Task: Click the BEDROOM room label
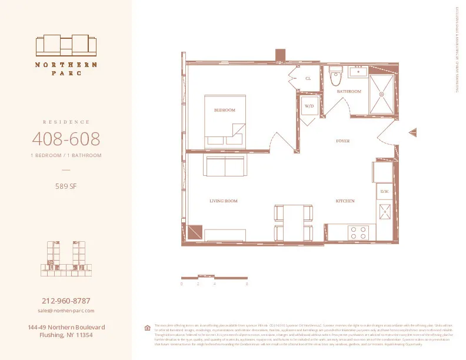224,110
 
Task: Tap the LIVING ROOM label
223,201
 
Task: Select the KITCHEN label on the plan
345,201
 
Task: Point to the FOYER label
344,141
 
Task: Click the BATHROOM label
348,92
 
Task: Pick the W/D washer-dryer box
309,106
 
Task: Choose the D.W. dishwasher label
384,192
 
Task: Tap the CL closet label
308,78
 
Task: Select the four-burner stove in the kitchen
358,232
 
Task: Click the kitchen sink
385,212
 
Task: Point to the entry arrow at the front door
412,134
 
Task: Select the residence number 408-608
65,139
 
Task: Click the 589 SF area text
65,188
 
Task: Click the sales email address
65,310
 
